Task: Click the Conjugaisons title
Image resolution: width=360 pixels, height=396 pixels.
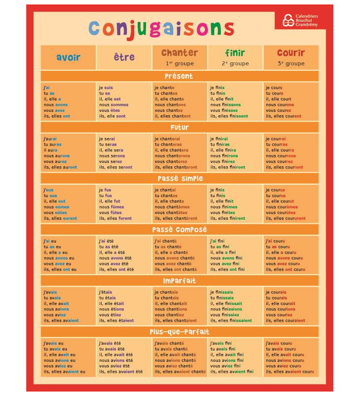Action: pyautogui.click(x=161, y=30)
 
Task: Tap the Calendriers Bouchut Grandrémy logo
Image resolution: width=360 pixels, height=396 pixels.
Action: pyautogui.click(x=300, y=20)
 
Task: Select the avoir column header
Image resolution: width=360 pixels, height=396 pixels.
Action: pyautogui.click(x=68, y=57)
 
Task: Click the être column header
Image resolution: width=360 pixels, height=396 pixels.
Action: pyautogui.click(x=124, y=57)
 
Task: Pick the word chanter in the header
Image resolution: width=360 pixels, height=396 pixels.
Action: pyautogui.click(x=180, y=53)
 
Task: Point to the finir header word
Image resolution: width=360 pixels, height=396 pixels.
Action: pyautogui.click(x=235, y=53)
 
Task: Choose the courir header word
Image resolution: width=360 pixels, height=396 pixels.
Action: pyautogui.click(x=291, y=53)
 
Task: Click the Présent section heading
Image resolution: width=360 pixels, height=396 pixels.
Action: pyautogui.click(x=179, y=76)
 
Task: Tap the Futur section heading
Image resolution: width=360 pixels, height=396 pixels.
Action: pyautogui.click(x=179, y=127)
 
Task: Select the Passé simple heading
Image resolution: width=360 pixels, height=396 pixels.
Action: pyautogui.click(x=180, y=179)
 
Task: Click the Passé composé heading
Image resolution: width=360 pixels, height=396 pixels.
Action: pyautogui.click(x=179, y=230)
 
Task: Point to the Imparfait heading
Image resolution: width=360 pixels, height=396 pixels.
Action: pyautogui.click(x=179, y=281)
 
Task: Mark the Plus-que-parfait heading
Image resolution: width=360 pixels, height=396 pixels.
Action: pyautogui.click(x=179, y=332)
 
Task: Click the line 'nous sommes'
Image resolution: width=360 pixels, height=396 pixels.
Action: pyautogui.click(x=114, y=104)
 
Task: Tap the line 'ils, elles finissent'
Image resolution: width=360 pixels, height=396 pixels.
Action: pyautogui.click(x=229, y=116)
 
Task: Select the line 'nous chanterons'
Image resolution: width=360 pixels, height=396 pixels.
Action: pyautogui.click(x=172, y=156)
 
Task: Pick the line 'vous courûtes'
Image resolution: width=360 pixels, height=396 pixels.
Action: pyautogui.click(x=281, y=213)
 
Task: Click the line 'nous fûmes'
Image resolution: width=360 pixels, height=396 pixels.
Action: pyautogui.click(x=111, y=207)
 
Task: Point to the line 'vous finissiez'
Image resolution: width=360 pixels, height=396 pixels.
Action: pyautogui.click(x=225, y=315)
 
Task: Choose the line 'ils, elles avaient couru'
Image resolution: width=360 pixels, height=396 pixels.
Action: pyautogui.click(x=290, y=372)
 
